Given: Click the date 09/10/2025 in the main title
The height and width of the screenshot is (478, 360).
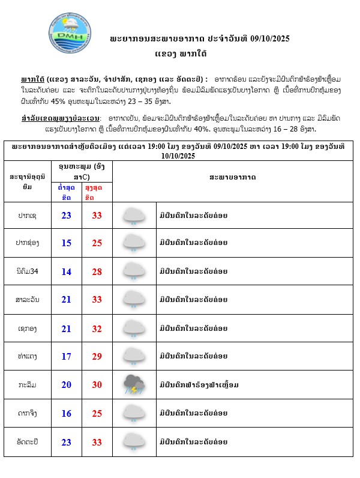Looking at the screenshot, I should [268, 38].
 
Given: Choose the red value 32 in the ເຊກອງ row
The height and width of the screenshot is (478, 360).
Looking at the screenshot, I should [97, 328].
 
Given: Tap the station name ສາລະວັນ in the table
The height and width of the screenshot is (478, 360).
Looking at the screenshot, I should [25, 300].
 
